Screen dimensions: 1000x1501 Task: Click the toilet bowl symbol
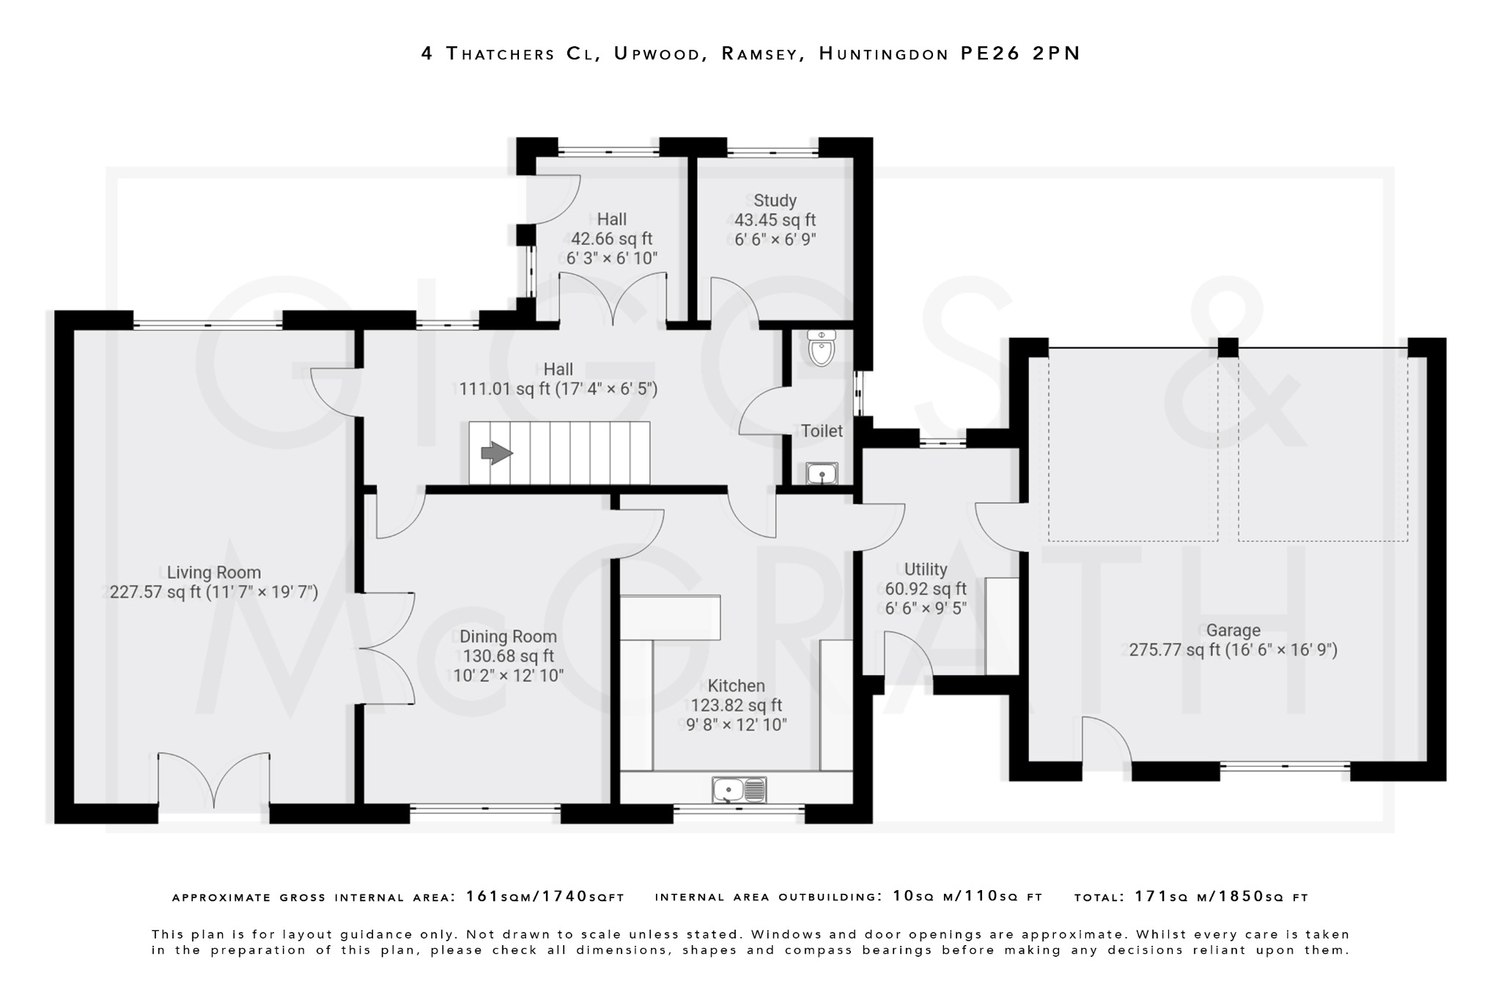(x=821, y=349)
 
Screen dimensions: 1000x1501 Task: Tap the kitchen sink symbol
(x=739, y=790)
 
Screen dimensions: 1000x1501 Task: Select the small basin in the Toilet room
(x=822, y=473)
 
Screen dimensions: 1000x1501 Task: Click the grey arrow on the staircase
(x=496, y=453)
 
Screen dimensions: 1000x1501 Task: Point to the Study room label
(x=775, y=200)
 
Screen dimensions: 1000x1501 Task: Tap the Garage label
(x=1233, y=630)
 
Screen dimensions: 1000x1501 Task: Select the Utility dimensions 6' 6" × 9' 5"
(x=925, y=608)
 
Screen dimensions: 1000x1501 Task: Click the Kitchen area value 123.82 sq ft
(x=736, y=705)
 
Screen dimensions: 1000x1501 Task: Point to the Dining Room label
(x=508, y=637)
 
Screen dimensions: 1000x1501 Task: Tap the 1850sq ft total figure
(x=1258, y=897)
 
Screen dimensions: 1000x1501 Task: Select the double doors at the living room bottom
(x=213, y=780)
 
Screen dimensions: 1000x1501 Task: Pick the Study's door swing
(x=734, y=300)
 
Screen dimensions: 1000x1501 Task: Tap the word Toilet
(x=822, y=431)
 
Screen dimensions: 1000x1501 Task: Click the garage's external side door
(x=1106, y=740)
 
